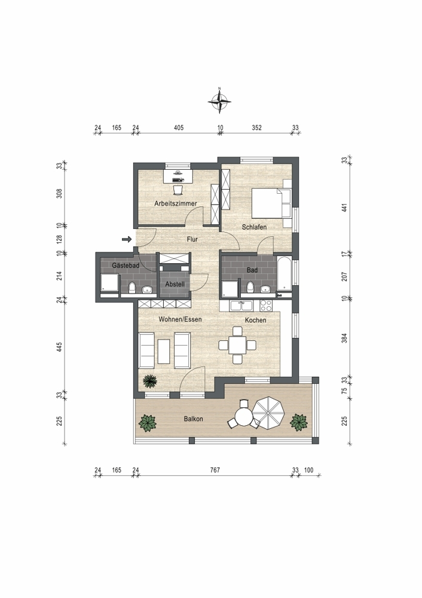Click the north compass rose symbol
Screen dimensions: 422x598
[219, 101]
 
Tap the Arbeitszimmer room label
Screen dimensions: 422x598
[175, 204]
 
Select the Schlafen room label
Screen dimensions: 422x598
[254, 227]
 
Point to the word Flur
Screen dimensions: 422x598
[192, 239]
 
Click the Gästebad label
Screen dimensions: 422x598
[126, 266]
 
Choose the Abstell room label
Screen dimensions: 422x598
[175, 284]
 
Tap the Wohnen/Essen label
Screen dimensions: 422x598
[180, 319]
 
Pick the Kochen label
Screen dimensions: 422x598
[255, 320]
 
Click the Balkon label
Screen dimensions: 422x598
[193, 419]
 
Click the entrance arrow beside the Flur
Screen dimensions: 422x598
[127, 240]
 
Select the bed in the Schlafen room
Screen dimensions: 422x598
[271, 203]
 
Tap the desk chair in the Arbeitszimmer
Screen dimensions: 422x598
[178, 190]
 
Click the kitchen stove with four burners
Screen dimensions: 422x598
[266, 305]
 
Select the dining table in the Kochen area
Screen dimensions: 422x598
[237, 345]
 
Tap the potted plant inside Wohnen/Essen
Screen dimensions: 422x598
[150, 380]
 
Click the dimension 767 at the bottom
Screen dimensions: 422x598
[215, 470]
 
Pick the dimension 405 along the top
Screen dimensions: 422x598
[178, 128]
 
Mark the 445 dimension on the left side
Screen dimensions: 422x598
[59, 347]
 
